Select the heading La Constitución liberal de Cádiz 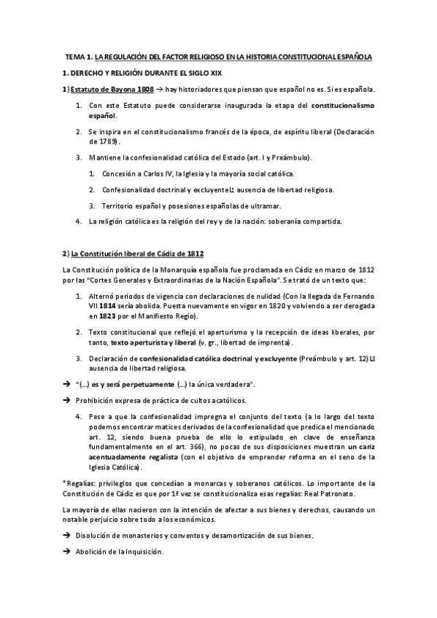(x=131, y=253)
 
